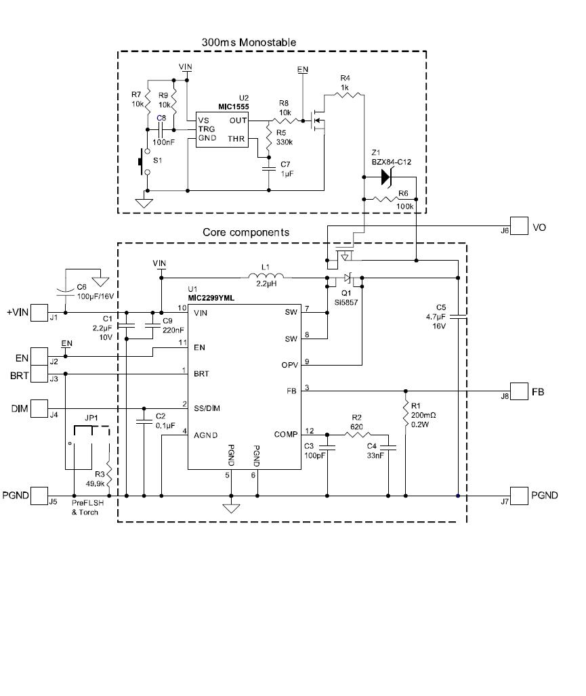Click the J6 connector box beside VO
(x=519, y=226)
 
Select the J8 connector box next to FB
(x=519, y=391)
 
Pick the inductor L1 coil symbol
(x=268, y=276)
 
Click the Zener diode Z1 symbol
(x=386, y=177)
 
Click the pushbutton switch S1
(x=144, y=162)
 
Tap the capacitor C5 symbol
(x=458, y=315)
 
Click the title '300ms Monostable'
(x=249, y=42)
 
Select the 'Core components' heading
(x=246, y=232)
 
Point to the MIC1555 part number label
(x=233, y=106)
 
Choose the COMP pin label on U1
(x=285, y=434)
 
